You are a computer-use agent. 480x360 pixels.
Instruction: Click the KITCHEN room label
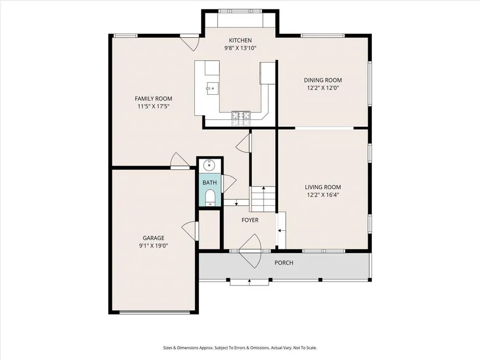click(x=240, y=40)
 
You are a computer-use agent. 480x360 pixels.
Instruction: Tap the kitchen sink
click(x=212, y=89)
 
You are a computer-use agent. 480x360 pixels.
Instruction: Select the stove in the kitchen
click(x=241, y=119)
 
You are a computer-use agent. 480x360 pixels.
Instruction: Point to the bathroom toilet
click(x=210, y=198)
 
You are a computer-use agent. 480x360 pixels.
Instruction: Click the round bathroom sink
click(x=209, y=166)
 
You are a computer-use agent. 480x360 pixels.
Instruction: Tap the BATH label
click(x=209, y=183)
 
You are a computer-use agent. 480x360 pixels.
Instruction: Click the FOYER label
click(x=250, y=220)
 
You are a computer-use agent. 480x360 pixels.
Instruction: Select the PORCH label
click(x=284, y=263)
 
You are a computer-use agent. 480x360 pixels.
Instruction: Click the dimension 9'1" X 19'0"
click(x=154, y=245)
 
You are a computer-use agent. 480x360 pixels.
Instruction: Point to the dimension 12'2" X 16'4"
click(x=323, y=195)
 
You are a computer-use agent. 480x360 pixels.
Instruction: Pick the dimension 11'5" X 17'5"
click(x=154, y=106)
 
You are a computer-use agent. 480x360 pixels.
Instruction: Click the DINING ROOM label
click(x=323, y=80)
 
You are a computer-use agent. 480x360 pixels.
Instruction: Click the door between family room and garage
click(x=180, y=161)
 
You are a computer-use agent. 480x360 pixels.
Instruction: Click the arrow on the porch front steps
click(x=250, y=281)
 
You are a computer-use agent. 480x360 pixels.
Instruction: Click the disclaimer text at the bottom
click(x=240, y=348)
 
